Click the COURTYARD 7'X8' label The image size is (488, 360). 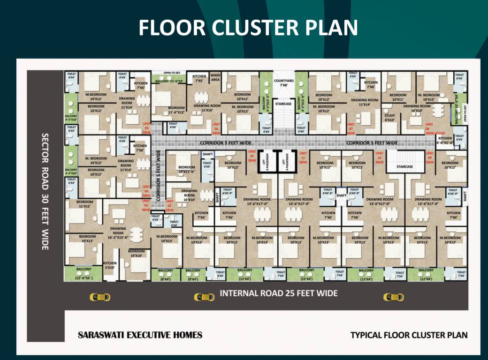point(283,82)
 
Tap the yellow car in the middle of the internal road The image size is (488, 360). point(204,297)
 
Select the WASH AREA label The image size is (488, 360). point(215,77)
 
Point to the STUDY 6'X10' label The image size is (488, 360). point(389,117)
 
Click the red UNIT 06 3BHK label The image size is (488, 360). point(216,131)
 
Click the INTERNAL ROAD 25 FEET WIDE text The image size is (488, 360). point(279,293)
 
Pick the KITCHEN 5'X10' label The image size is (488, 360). point(110,266)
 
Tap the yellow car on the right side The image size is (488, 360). point(393,297)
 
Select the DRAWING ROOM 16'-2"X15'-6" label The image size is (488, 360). point(118,233)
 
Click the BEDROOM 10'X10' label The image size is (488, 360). point(136,254)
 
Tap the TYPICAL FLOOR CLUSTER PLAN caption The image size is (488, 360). point(409,335)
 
